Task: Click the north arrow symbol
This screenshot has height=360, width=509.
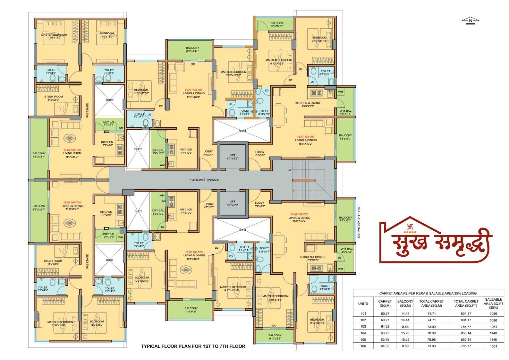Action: (x=470, y=21)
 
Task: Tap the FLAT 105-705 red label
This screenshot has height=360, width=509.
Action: (x=72, y=150)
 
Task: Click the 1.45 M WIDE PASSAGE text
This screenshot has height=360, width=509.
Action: (x=205, y=180)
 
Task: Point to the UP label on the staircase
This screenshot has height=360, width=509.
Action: (x=290, y=170)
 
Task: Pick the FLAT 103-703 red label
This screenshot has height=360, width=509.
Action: (x=194, y=252)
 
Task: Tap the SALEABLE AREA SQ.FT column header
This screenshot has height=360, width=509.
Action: (x=493, y=303)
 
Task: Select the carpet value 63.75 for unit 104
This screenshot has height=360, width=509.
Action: (x=385, y=333)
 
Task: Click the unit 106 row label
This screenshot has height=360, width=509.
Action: (x=363, y=346)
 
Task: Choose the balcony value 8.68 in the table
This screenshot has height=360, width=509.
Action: (x=405, y=327)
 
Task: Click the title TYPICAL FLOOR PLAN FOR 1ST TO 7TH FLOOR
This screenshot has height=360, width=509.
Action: (x=193, y=346)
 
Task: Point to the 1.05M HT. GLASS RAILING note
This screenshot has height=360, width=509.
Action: (x=358, y=221)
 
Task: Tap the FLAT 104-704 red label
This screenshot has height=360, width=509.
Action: (x=72, y=202)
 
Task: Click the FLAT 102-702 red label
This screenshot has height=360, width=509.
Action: (x=299, y=214)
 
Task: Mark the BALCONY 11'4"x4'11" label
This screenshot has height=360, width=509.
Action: (x=192, y=50)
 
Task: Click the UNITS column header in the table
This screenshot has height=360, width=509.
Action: (x=363, y=303)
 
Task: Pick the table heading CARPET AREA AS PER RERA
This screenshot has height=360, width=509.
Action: (x=428, y=293)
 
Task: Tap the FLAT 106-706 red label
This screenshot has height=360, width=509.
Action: (x=194, y=90)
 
